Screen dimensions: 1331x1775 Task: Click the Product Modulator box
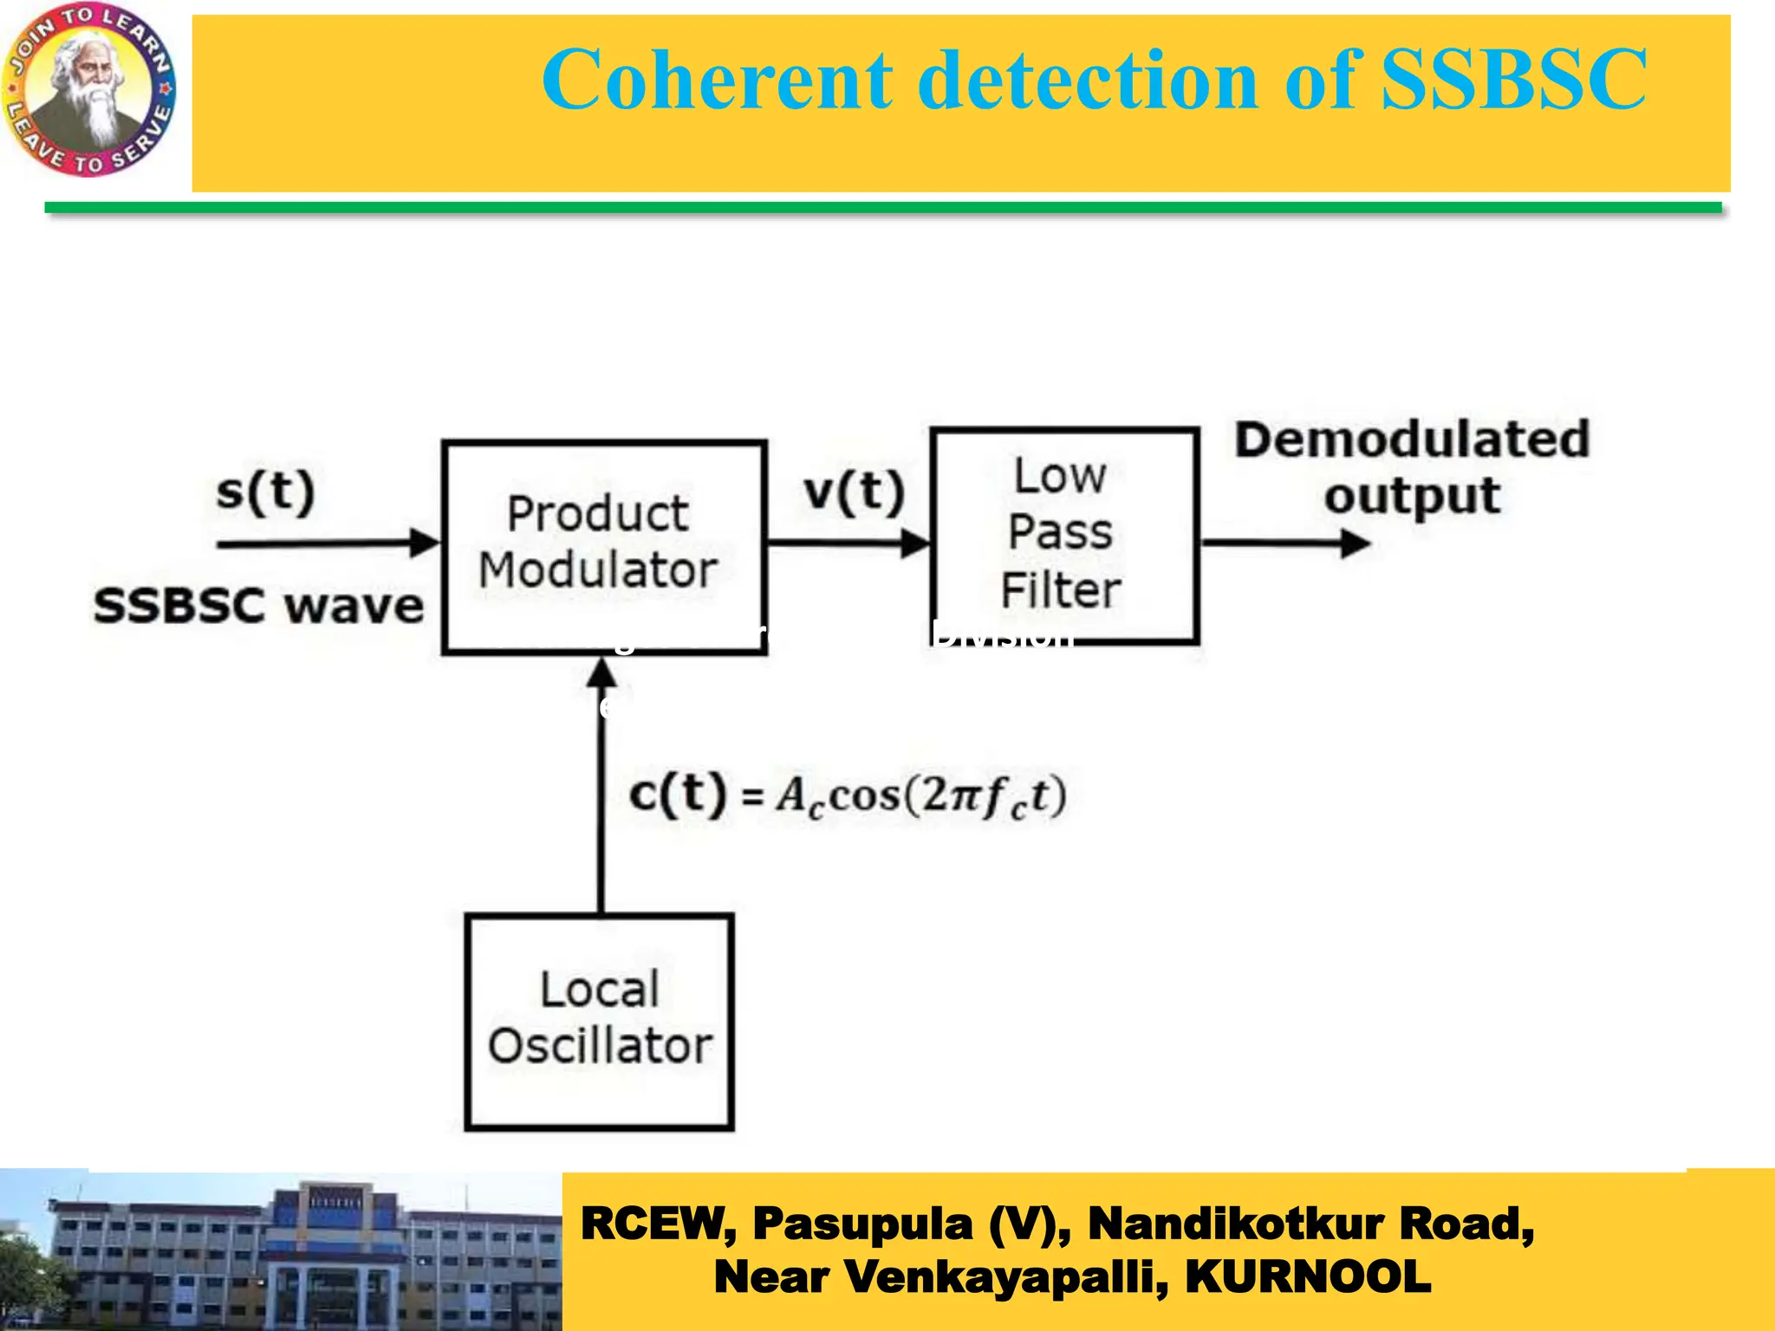click(x=604, y=546)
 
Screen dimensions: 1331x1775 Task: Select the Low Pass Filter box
click(x=1064, y=535)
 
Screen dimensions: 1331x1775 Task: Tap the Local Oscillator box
click(x=599, y=1021)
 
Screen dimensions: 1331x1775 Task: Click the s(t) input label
click(x=265, y=491)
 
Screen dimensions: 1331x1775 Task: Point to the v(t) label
click(x=854, y=491)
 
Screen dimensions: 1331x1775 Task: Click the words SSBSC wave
click(x=258, y=605)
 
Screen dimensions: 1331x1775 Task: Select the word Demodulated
click(x=1412, y=438)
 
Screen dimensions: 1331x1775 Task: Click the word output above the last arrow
click(x=1412, y=497)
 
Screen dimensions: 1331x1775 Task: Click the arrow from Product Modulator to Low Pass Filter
click(x=848, y=543)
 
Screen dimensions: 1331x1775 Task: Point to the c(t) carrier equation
click(x=847, y=795)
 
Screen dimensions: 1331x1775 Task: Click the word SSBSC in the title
click(x=1512, y=80)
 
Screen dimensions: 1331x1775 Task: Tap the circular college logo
click(x=89, y=88)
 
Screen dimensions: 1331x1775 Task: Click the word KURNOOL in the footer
click(x=1308, y=1276)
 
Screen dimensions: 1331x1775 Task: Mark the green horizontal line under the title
click(x=882, y=208)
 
